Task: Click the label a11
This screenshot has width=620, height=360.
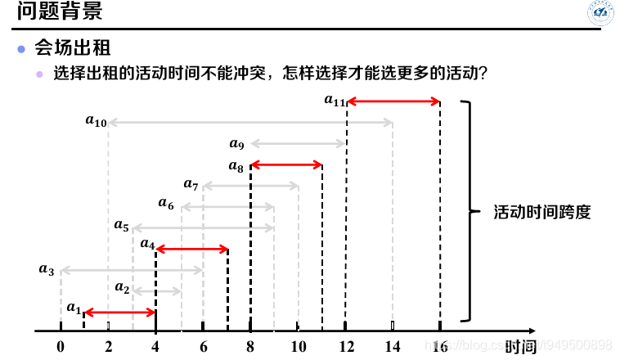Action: click(335, 101)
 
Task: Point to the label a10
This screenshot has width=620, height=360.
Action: click(96, 121)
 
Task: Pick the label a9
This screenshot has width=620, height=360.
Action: click(236, 145)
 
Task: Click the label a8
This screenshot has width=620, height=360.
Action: click(236, 167)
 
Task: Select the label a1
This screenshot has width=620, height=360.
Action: click(74, 308)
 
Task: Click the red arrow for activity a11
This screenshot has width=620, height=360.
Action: click(393, 102)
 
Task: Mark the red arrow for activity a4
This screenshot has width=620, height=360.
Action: click(191, 248)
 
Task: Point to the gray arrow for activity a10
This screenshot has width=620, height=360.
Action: click(250, 123)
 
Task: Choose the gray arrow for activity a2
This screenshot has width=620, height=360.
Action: click(156, 290)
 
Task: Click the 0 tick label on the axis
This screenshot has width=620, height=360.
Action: click(61, 346)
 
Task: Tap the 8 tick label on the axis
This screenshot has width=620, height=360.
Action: click(250, 346)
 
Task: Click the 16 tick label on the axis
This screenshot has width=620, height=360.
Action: click(439, 346)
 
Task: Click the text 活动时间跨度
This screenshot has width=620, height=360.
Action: click(541, 212)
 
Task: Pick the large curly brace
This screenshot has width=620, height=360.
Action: click(468, 211)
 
